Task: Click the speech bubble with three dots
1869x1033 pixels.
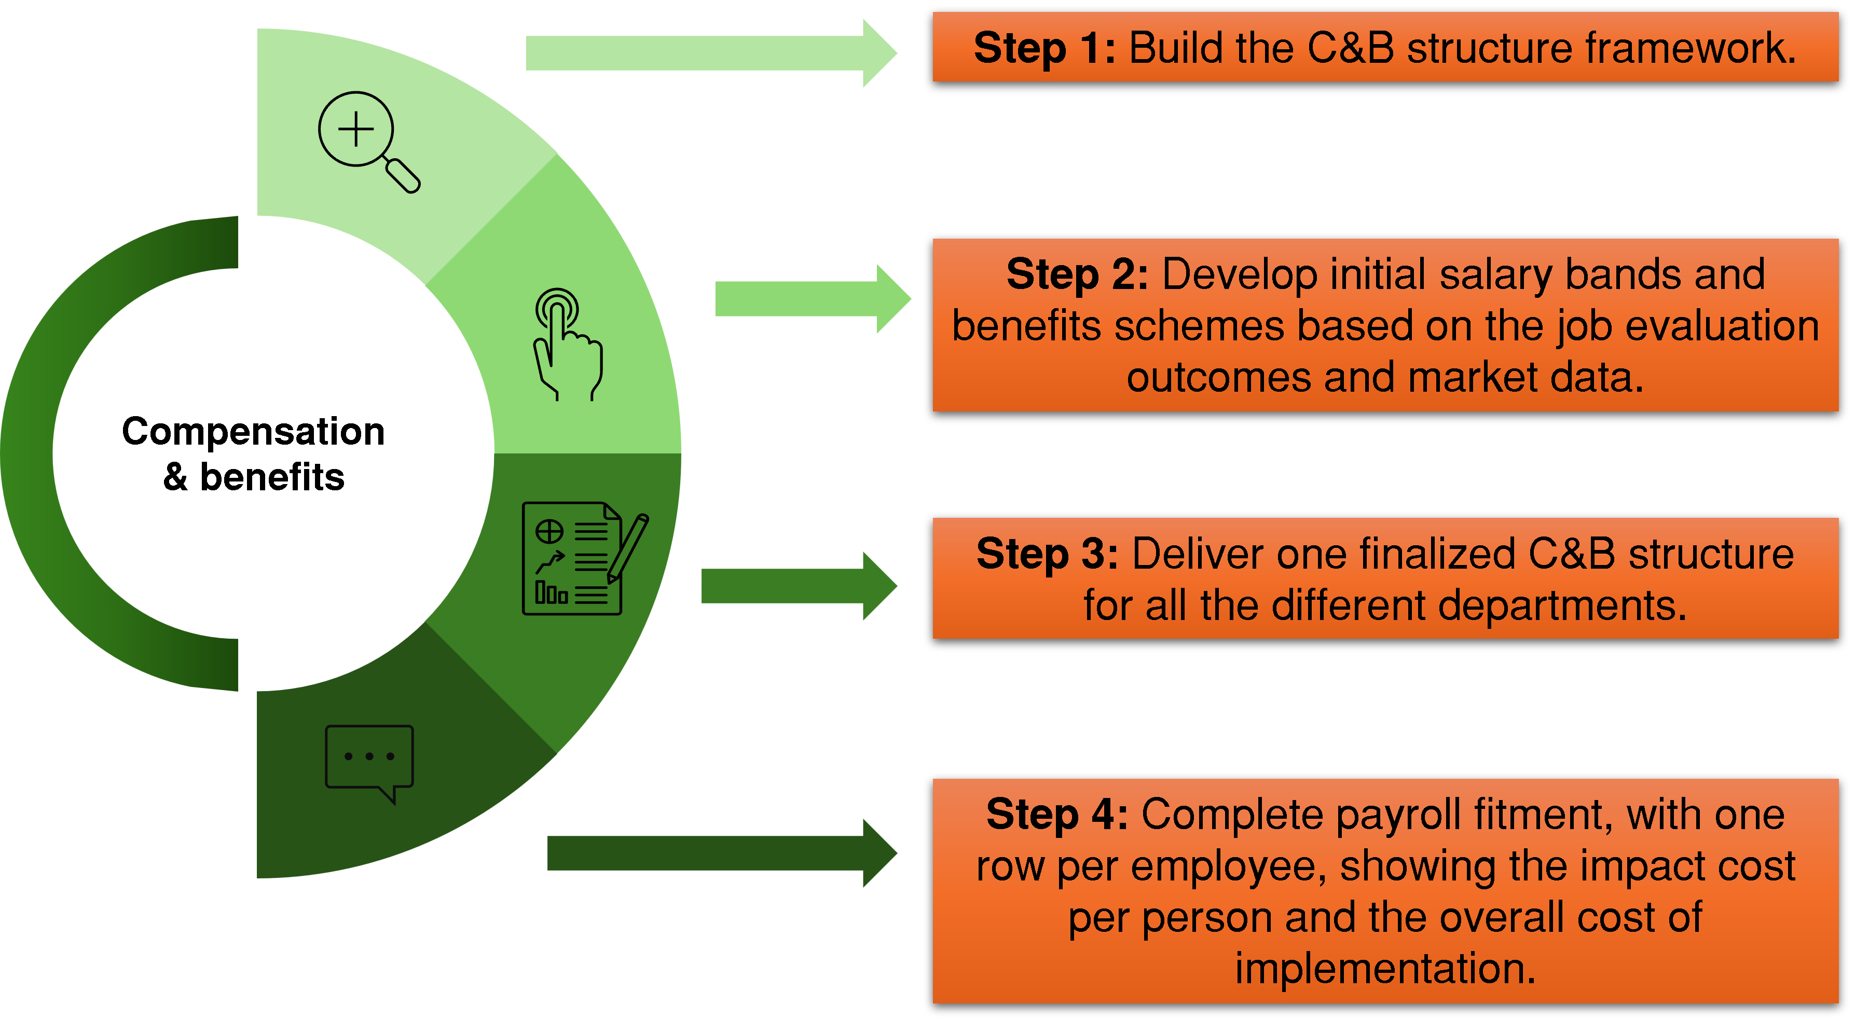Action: click(x=369, y=761)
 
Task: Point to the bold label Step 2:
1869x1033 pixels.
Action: click(x=1077, y=275)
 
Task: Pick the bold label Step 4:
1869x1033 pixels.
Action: click(x=1056, y=815)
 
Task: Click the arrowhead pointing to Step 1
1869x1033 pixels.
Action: click(x=879, y=53)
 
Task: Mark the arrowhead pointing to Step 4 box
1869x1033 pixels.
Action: click(x=879, y=853)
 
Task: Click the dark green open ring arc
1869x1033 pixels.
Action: click(x=29, y=453)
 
